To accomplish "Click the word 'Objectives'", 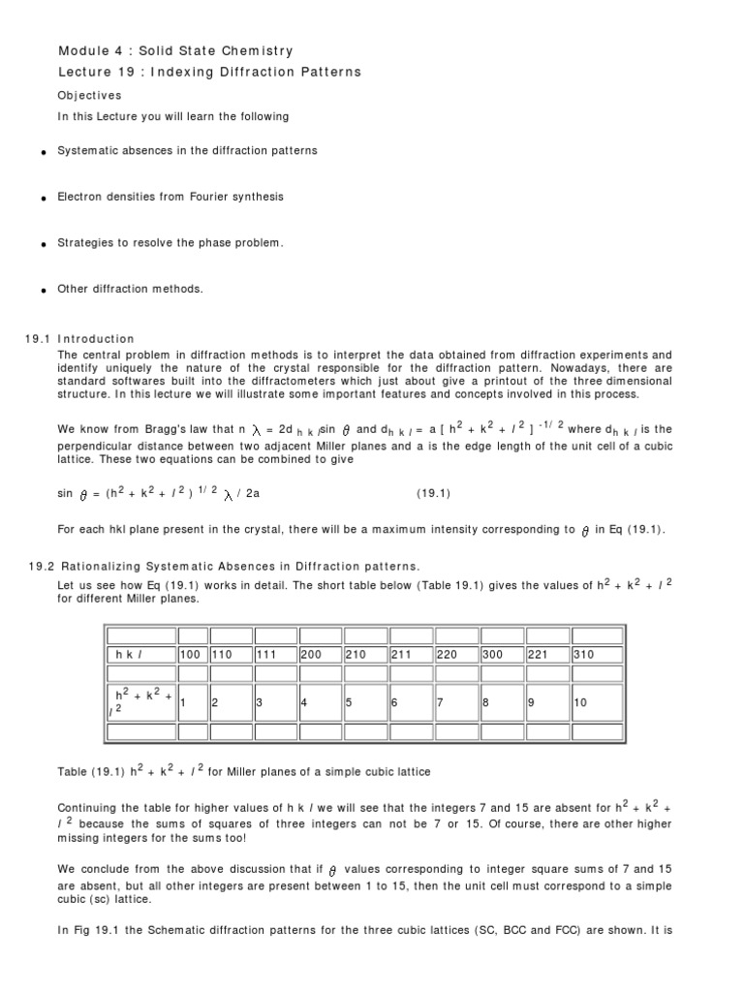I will coord(90,96).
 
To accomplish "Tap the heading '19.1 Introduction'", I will coord(79,339).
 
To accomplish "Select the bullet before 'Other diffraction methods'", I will coord(44,290).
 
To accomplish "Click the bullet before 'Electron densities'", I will coord(44,198).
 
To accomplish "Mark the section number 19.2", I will coord(42,566).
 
